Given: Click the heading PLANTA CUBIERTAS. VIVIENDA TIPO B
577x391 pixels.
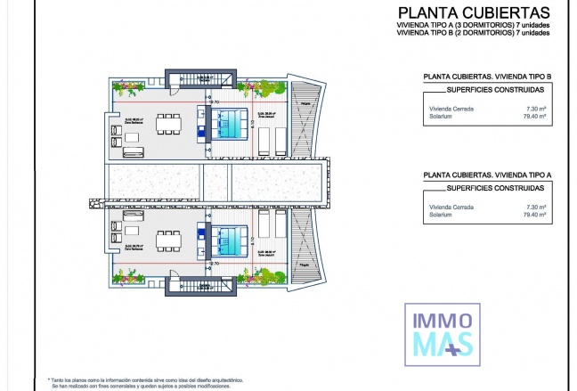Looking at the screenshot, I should pos(487,77).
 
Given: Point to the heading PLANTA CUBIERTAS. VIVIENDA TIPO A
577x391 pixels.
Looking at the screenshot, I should pos(487,174).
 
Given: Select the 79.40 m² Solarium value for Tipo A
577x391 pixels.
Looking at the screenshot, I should pos(533,214).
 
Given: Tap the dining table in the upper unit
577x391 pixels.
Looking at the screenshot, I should pos(167,121).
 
